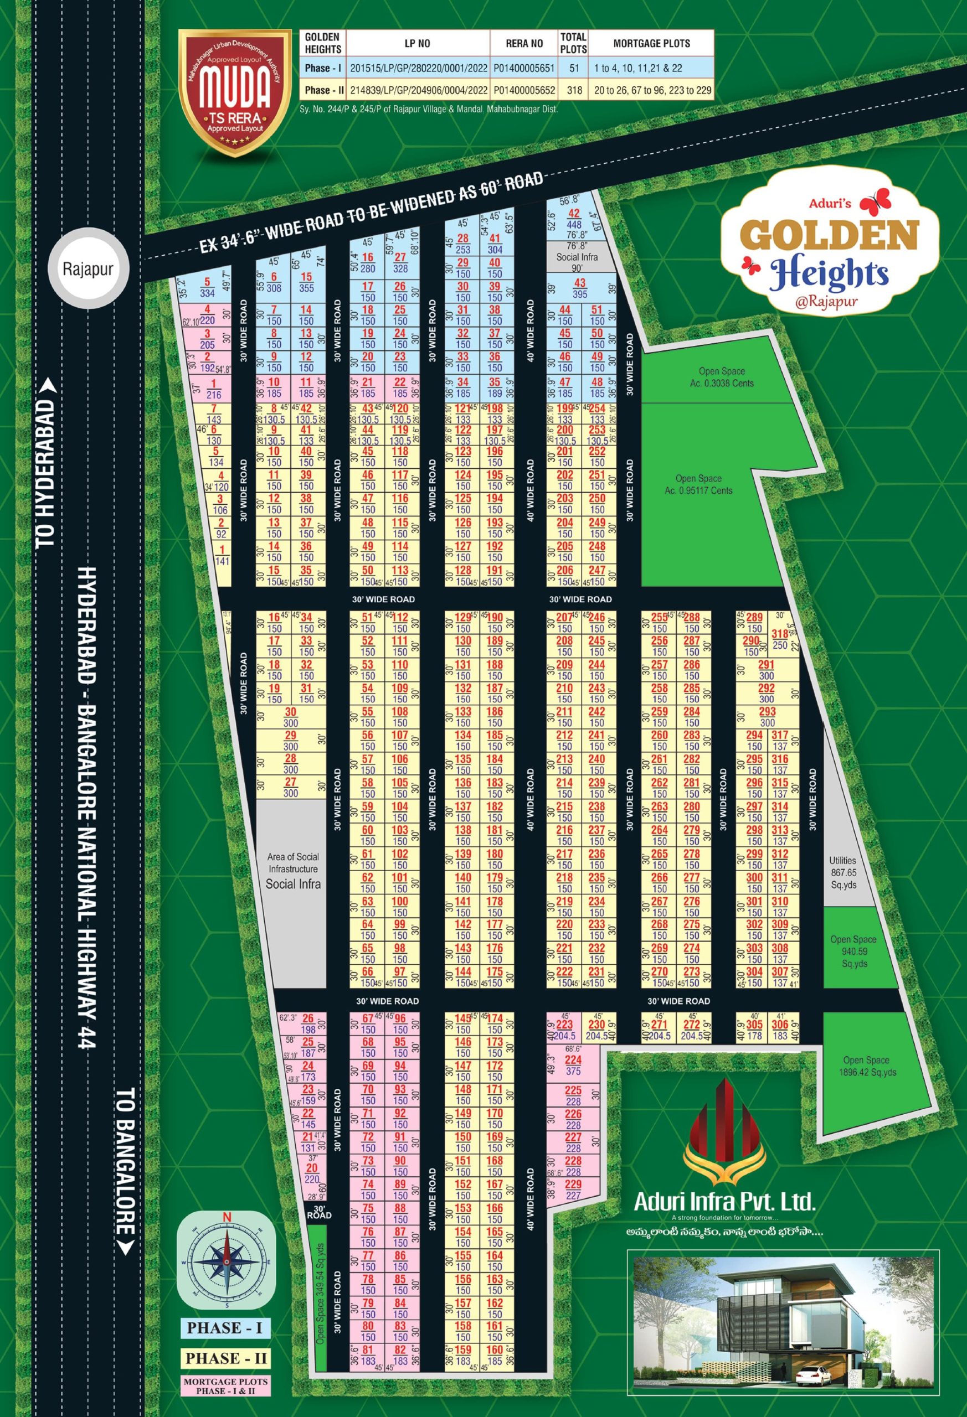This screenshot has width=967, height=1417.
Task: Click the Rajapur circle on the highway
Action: coord(88,269)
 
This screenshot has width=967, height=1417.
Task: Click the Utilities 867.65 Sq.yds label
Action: coord(842,872)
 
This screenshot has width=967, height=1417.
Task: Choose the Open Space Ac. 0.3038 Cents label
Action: coord(722,377)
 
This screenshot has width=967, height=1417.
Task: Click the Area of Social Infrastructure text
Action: coord(293,862)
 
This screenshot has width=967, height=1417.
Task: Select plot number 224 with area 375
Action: coord(573,1065)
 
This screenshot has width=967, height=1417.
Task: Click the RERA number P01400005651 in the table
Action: coord(524,68)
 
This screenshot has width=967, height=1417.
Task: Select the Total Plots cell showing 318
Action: coord(573,90)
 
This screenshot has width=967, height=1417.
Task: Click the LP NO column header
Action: coord(417,43)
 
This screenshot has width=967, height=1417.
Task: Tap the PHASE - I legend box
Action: coord(224,1327)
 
